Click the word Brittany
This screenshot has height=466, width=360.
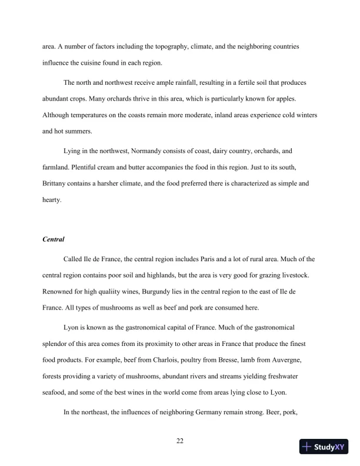[57, 184]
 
